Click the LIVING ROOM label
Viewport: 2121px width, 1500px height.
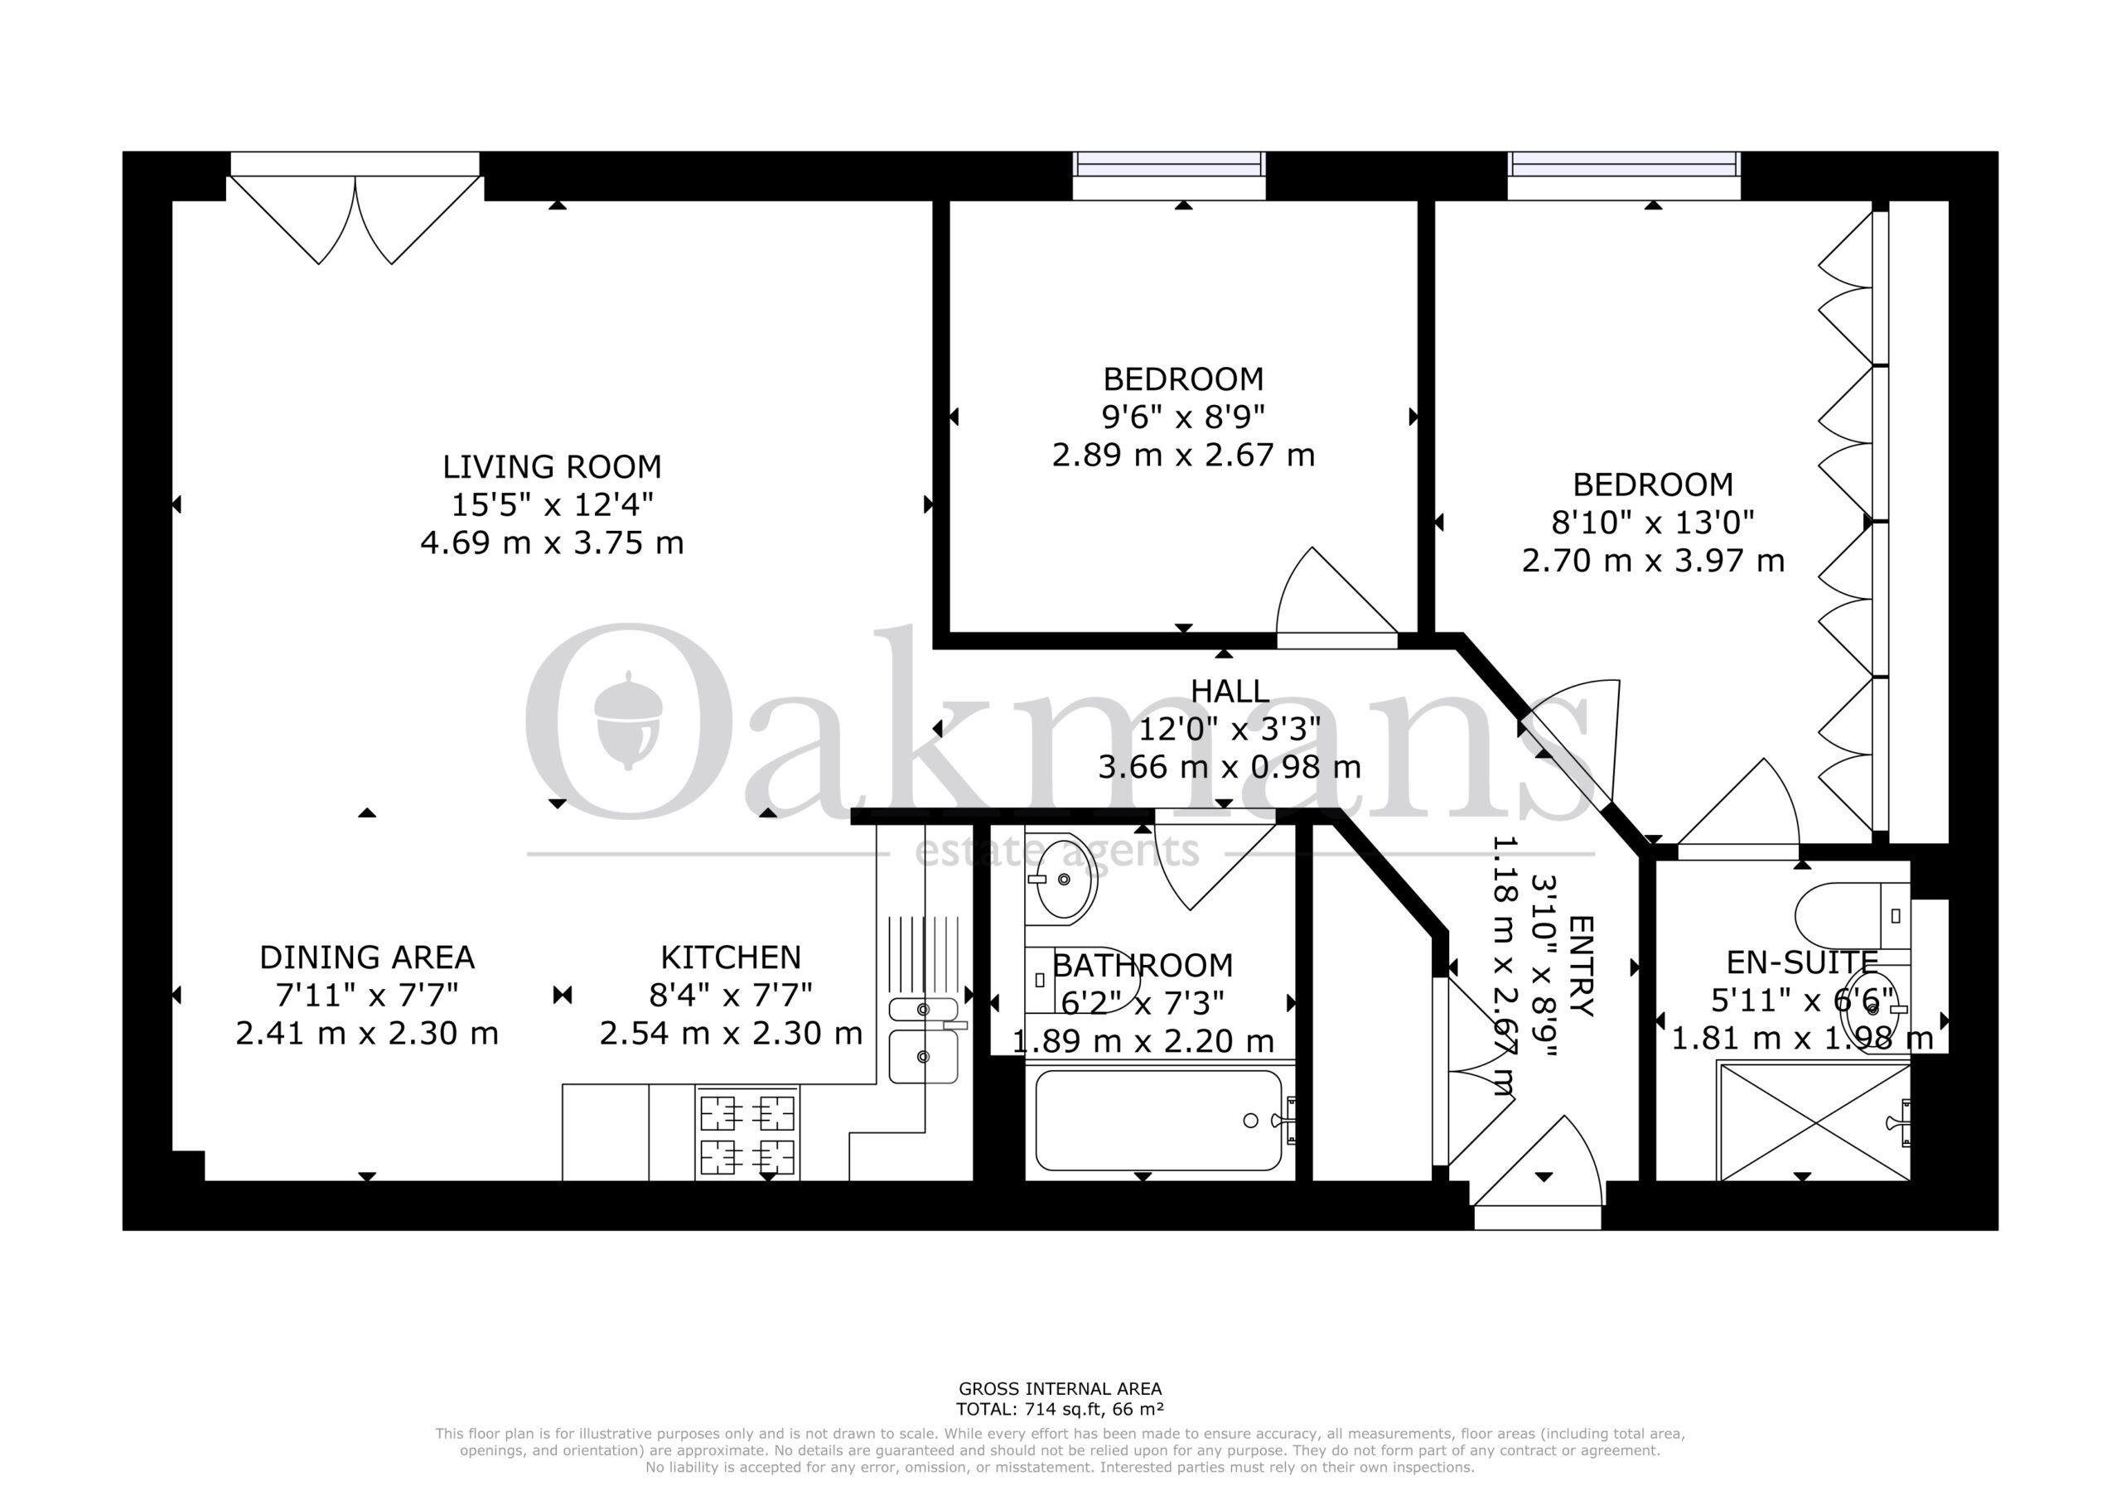tap(552, 466)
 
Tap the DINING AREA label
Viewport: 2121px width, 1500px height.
tap(367, 957)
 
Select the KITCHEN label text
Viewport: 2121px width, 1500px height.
tap(731, 957)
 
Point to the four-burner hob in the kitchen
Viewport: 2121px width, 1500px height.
tap(747, 1134)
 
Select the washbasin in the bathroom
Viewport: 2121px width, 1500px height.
tap(1061, 880)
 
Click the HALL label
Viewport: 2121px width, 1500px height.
tap(1230, 691)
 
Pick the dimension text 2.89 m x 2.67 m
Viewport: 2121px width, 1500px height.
tap(1183, 456)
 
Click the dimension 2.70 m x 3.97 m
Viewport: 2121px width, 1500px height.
tap(1653, 561)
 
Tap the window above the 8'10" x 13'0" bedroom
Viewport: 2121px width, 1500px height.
tap(1624, 176)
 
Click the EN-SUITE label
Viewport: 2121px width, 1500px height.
tap(1802, 963)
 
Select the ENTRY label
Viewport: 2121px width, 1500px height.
tap(1581, 966)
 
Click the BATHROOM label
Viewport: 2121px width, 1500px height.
tap(1143, 965)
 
